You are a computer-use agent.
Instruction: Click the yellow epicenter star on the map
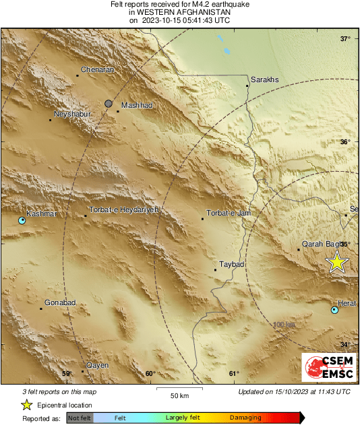point(336,263)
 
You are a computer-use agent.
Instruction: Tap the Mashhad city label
point(137,106)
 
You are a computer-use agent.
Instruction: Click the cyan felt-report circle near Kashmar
point(22,220)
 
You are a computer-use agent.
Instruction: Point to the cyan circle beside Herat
point(335,310)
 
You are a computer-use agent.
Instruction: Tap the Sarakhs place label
point(264,80)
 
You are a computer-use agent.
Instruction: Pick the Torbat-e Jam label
point(229,214)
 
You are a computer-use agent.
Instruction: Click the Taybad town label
point(231,265)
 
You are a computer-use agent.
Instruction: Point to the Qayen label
point(98,365)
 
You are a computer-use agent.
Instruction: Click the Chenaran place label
point(97,69)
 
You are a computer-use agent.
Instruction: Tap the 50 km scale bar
point(179,389)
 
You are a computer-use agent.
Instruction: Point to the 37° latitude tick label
point(344,39)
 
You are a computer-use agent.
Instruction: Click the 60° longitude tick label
point(150,374)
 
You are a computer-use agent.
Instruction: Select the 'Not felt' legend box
point(80,418)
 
